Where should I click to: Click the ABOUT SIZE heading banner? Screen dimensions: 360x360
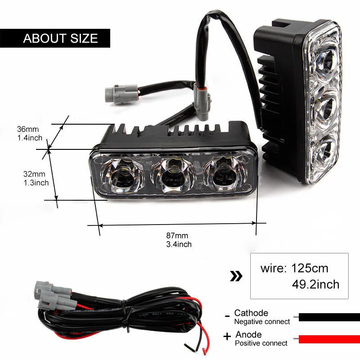tap(60, 38)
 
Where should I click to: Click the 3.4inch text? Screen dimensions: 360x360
tap(179, 244)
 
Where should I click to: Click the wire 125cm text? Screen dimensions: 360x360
tap(294, 269)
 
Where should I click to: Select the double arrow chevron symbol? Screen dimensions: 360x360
tap(236, 276)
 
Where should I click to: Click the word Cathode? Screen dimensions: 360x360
tap(251, 313)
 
